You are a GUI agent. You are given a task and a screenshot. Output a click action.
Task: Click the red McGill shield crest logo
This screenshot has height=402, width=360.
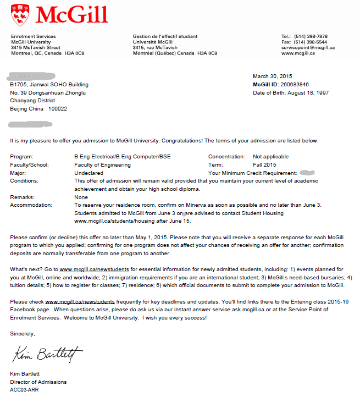point(20,15)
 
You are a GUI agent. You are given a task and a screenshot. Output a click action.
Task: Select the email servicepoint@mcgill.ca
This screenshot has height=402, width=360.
point(308,48)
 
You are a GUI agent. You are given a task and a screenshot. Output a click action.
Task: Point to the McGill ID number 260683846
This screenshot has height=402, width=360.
point(295,84)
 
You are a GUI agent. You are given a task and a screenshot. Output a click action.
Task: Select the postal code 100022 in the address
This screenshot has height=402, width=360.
point(58,109)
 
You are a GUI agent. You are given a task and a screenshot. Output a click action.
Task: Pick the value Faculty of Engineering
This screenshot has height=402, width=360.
point(102,164)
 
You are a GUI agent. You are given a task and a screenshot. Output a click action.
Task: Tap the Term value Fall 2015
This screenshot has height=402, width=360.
point(264,164)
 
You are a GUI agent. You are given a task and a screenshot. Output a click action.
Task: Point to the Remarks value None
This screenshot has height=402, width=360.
point(81,196)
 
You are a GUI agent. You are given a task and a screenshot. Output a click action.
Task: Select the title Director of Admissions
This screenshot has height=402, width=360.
point(38,382)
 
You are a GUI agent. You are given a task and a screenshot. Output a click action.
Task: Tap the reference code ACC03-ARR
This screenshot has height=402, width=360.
point(24,390)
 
